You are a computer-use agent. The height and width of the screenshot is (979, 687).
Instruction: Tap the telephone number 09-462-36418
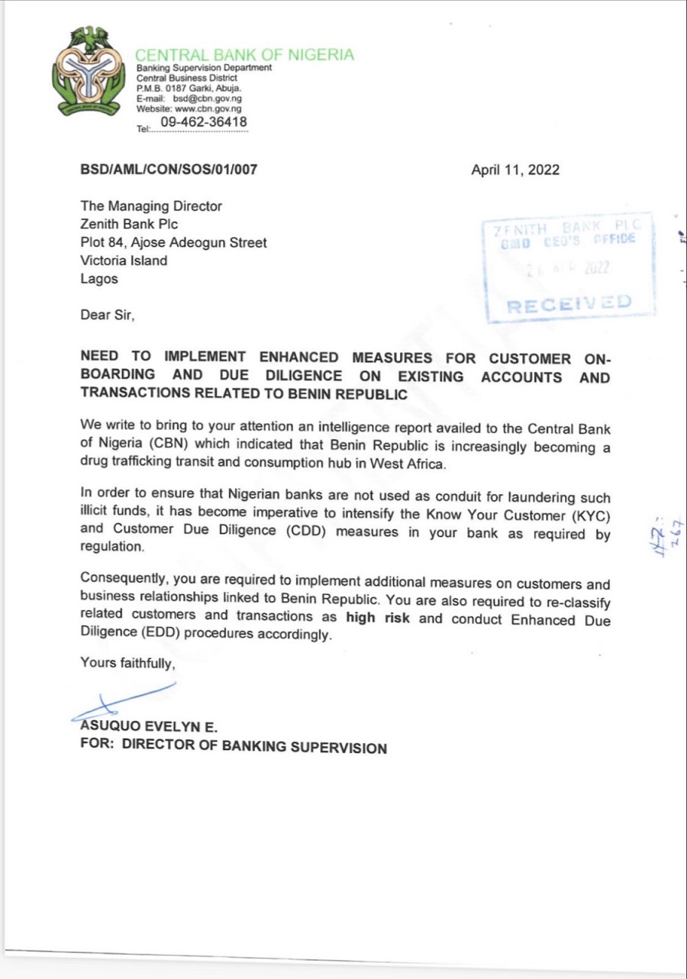[x=203, y=122]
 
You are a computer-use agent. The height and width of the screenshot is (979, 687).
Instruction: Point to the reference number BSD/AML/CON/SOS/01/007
[x=169, y=170]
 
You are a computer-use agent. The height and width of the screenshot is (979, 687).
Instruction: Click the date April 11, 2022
[x=515, y=170]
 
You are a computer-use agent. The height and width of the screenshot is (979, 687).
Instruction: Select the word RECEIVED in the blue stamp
[x=569, y=303]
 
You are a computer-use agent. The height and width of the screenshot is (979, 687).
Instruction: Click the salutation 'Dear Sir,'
[x=108, y=314]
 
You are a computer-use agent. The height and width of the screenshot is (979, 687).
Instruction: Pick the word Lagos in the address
[x=99, y=279]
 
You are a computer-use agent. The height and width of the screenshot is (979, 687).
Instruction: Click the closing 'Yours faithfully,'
[x=128, y=664]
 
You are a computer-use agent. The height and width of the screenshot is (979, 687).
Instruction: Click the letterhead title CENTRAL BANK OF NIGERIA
[x=244, y=54]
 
